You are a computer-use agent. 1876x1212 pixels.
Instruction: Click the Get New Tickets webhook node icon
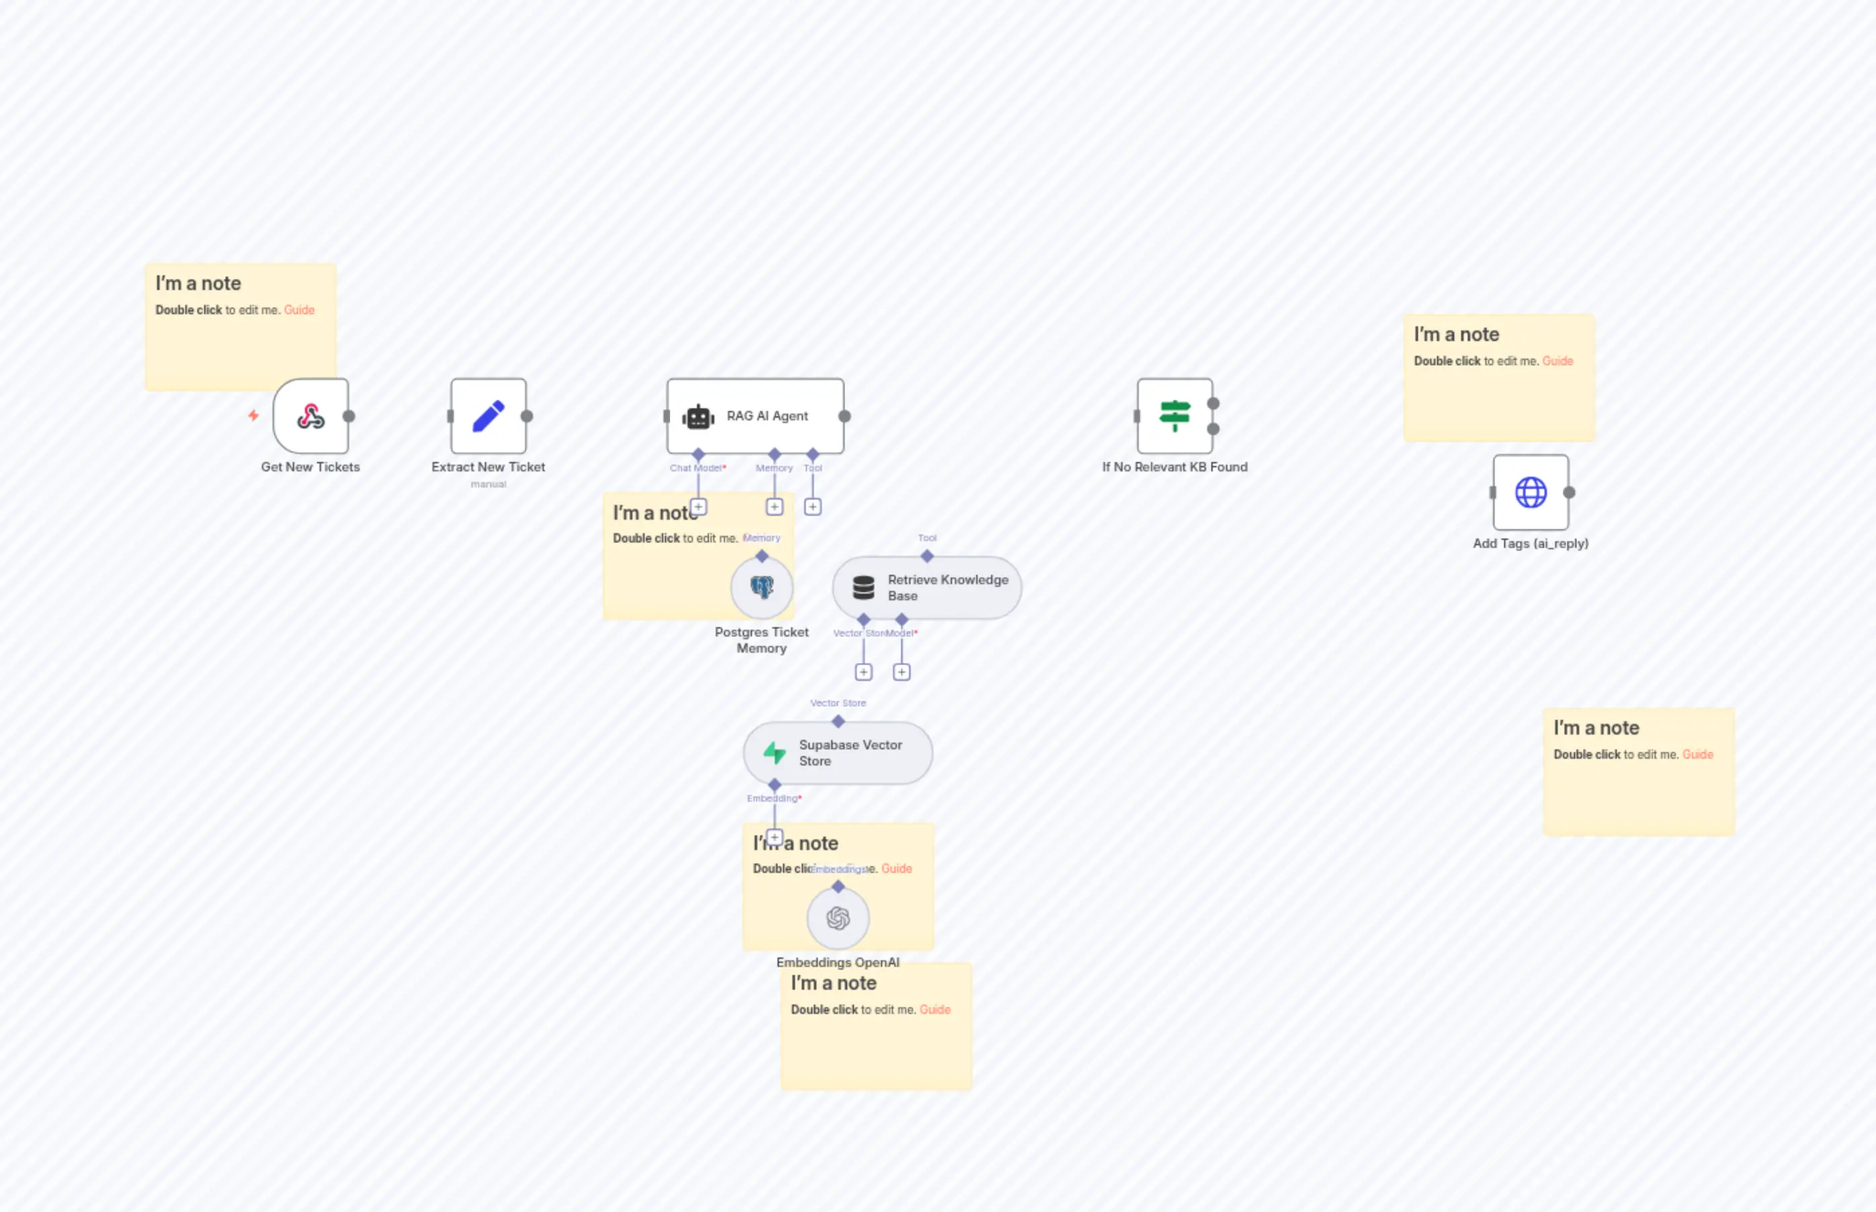click(311, 416)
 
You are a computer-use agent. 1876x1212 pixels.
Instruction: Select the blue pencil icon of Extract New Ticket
click(488, 416)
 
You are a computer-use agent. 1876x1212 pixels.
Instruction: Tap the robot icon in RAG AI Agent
click(698, 417)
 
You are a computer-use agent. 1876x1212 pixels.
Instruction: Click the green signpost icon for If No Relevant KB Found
click(1174, 416)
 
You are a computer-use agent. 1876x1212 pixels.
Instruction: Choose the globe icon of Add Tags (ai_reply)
click(1531, 493)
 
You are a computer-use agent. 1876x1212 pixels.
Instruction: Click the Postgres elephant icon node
click(761, 587)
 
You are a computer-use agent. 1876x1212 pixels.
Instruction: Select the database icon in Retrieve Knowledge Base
click(863, 587)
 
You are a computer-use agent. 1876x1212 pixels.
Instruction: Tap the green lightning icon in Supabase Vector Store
click(774, 753)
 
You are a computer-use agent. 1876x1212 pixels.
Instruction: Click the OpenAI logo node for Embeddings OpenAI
click(837, 919)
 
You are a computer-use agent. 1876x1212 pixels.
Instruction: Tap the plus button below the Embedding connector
click(774, 837)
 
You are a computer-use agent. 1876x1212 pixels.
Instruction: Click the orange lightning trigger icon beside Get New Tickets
click(253, 415)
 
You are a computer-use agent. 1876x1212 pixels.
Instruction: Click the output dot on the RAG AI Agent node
click(845, 416)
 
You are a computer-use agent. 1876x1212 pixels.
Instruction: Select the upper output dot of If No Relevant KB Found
click(1213, 404)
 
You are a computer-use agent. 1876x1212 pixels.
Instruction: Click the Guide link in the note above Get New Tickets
click(299, 310)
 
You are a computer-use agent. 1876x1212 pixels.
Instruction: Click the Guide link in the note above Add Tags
click(1557, 361)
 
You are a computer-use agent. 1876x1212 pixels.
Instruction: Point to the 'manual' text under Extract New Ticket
click(488, 485)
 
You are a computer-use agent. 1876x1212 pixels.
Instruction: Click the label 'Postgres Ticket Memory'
click(761, 640)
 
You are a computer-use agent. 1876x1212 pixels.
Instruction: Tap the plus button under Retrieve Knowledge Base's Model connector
click(902, 672)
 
